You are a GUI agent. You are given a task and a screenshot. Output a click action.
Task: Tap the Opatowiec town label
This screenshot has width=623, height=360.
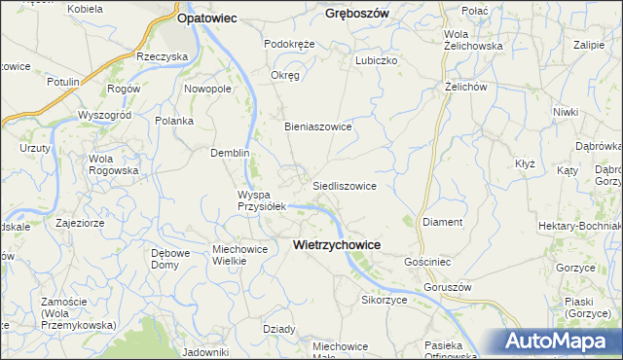[208, 18]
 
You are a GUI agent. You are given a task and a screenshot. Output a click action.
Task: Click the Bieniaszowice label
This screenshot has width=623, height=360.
[317, 126]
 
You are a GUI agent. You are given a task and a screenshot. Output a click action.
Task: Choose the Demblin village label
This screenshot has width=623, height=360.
[231, 153]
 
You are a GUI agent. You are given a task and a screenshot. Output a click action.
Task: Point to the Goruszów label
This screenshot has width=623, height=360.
[448, 288]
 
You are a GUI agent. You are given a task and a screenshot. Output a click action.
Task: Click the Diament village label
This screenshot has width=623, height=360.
[443, 222]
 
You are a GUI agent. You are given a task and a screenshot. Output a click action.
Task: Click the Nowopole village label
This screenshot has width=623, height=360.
[207, 89]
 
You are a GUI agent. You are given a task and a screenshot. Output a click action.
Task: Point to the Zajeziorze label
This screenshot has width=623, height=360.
[81, 222]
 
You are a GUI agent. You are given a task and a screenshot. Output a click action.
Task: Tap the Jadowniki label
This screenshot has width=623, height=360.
[204, 352]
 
